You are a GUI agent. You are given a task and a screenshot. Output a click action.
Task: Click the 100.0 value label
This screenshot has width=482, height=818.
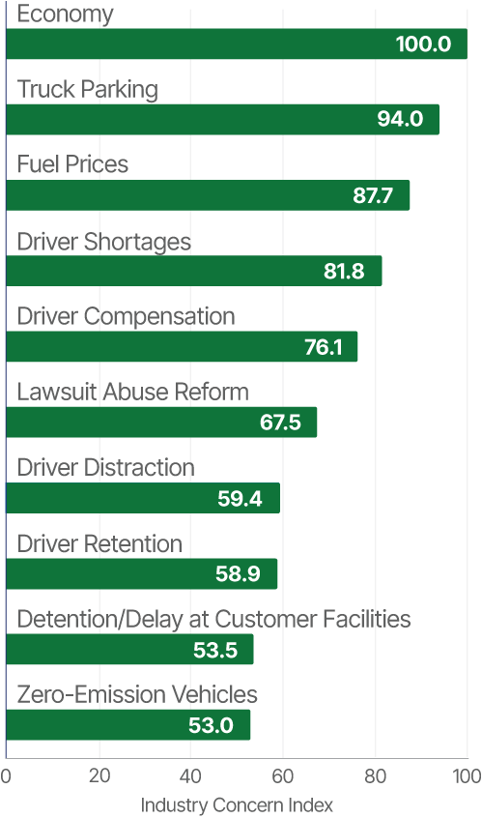(x=423, y=44)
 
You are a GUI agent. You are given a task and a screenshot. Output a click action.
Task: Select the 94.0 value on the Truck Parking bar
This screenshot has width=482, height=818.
(x=400, y=120)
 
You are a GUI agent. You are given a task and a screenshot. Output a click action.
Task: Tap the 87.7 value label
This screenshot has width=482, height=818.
(x=373, y=195)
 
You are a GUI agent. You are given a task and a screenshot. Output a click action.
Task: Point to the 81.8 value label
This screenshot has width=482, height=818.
(x=344, y=271)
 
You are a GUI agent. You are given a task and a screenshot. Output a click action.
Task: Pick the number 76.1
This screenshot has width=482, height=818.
(x=324, y=347)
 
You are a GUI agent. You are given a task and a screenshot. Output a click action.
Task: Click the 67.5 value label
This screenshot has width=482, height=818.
(x=282, y=423)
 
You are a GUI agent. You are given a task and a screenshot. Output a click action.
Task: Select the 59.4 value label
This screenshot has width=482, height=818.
(x=241, y=498)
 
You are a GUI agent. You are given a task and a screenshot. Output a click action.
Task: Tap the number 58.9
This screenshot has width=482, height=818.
(x=238, y=573)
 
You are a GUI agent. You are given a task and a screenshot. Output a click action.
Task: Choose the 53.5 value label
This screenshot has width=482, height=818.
(x=215, y=650)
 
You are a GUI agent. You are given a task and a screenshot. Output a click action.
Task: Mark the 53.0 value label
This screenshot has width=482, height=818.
(x=212, y=725)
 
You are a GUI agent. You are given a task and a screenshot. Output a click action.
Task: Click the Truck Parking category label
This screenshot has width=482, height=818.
(x=88, y=90)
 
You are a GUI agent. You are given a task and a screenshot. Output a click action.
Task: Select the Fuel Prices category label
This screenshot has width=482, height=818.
(x=73, y=165)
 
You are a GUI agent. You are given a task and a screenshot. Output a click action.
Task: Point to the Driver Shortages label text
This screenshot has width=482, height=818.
(x=104, y=241)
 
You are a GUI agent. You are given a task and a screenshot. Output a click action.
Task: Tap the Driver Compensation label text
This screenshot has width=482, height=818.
(x=127, y=316)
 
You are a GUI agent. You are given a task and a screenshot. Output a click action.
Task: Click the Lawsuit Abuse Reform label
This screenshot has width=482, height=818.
(x=134, y=392)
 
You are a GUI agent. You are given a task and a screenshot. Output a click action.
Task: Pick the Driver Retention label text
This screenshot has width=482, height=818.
(x=100, y=544)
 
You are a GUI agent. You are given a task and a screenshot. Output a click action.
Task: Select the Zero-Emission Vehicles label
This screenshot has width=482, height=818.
(x=138, y=695)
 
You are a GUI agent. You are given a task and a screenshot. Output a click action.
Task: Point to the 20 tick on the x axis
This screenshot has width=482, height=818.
(x=99, y=776)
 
